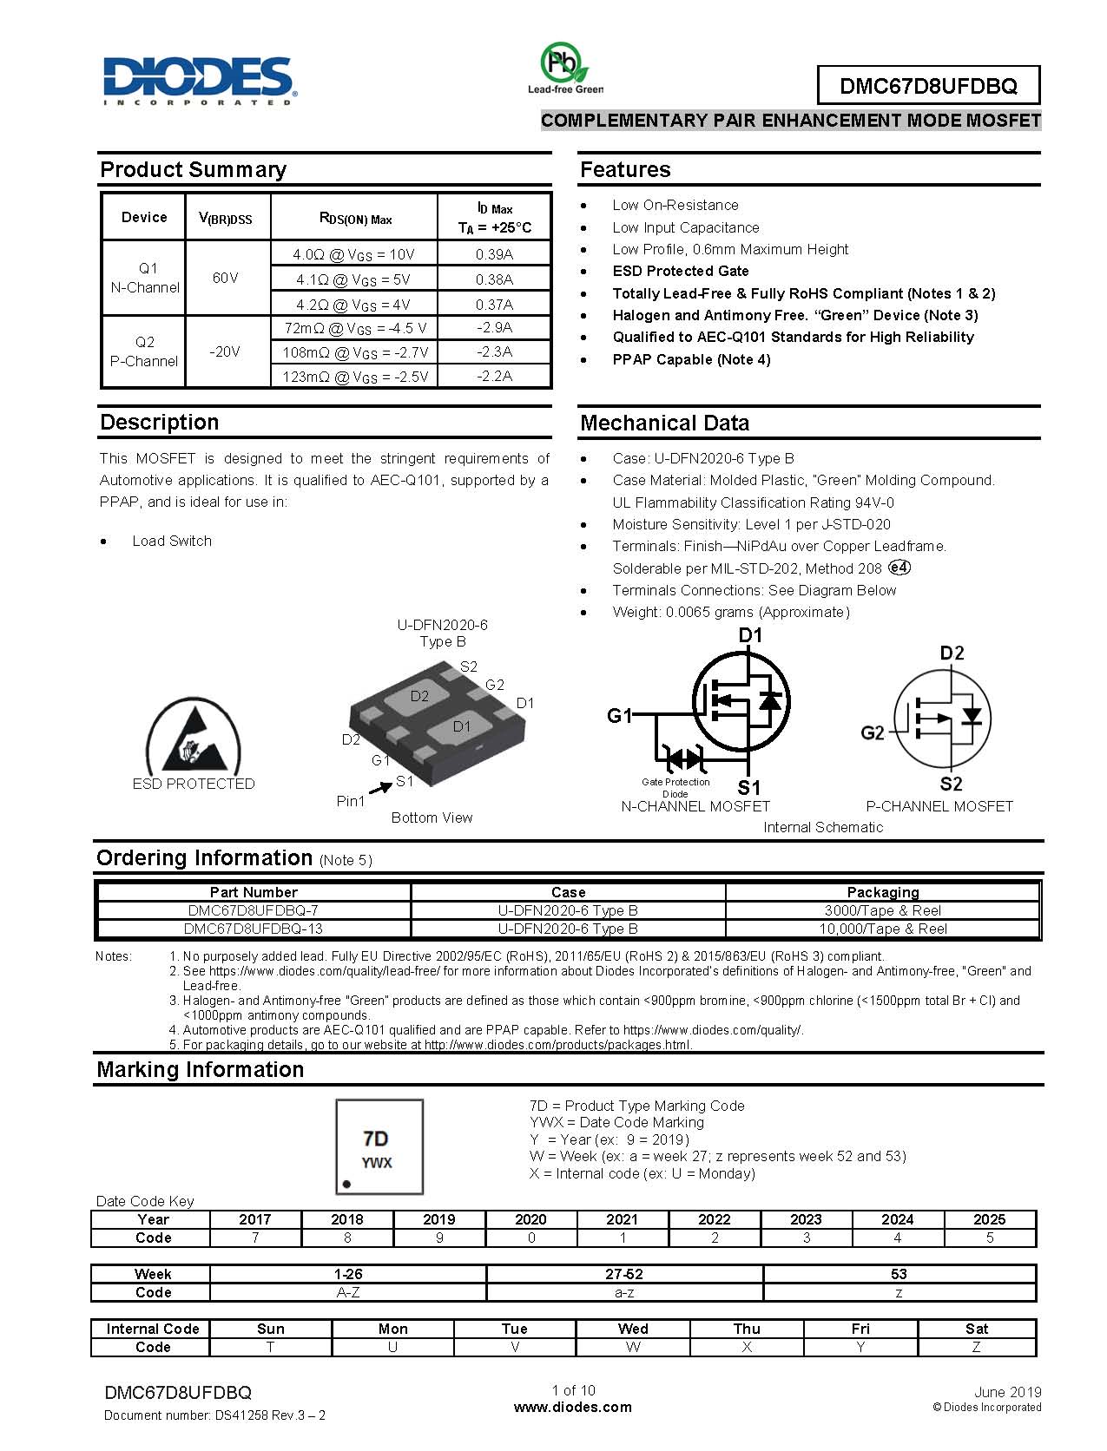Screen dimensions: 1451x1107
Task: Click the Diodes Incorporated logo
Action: coord(199,81)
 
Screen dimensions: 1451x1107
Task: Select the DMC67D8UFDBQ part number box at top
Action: coord(927,86)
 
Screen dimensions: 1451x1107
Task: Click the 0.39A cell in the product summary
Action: coord(494,254)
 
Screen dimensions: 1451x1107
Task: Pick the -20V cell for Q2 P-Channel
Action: coord(225,351)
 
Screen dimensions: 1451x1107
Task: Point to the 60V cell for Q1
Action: coord(225,278)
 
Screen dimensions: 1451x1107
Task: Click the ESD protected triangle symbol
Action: coord(193,739)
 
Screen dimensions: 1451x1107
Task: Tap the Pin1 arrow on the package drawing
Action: coord(380,789)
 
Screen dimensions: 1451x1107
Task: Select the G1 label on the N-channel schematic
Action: coord(620,716)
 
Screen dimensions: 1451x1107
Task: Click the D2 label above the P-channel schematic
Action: coord(952,653)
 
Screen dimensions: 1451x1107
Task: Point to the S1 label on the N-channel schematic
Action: coord(748,787)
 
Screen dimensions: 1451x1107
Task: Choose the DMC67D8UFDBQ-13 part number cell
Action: coord(254,929)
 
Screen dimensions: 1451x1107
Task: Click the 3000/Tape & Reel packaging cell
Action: coord(882,910)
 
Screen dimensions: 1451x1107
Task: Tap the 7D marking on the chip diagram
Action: coord(376,1139)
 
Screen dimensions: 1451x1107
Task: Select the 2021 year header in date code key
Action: coord(622,1219)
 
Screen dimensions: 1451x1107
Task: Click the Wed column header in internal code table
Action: coord(633,1329)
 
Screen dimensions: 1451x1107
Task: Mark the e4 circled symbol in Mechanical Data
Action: coord(899,568)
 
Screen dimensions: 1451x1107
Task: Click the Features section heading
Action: coord(625,170)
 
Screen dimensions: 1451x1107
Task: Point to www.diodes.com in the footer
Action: coord(573,1408)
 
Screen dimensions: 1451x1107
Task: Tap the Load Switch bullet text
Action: coord(172,541)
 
